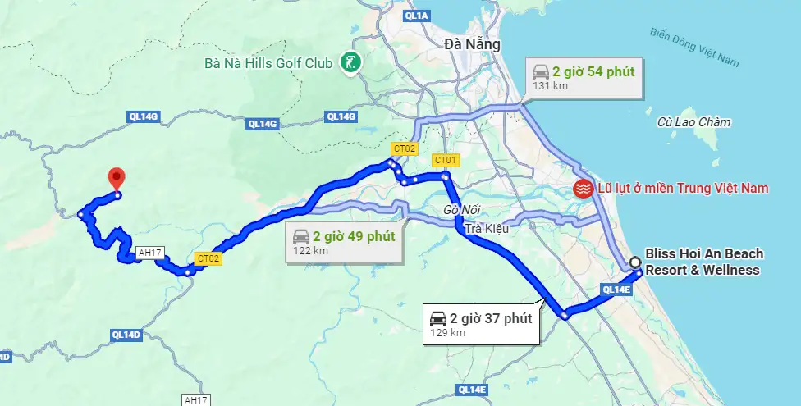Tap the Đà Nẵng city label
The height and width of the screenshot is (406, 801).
pyautogui.click(x=472, y=44)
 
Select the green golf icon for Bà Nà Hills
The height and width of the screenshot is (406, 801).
pyautogui.click(x=350, y=63)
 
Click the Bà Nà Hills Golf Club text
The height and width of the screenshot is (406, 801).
pyautogui.click(x=269, y=63)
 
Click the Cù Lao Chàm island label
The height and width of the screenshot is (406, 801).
pyautogui.click(x=693, y=122)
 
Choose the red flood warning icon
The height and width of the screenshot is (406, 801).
pyautogui.click(x=583, y=188)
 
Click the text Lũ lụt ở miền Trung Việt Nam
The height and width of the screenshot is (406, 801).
pyautogui.click(x=683, y=188)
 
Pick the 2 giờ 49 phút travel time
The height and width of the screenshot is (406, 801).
pyautogui.click(x=354, y=236)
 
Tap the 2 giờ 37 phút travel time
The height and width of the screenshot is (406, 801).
pyautogui.click(x=491, y=318)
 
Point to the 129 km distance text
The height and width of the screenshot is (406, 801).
pyautogui.click(x=448, y=333)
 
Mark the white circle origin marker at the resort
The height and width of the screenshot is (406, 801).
pyautogui.click(x=635, y=262)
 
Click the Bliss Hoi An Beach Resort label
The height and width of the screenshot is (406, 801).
pyautogui.click(x=703, y=262)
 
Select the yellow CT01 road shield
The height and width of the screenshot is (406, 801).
pyautogui.click(x=446, y=159)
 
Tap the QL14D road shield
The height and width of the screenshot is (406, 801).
pyautogui.click(x=126, y=335)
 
